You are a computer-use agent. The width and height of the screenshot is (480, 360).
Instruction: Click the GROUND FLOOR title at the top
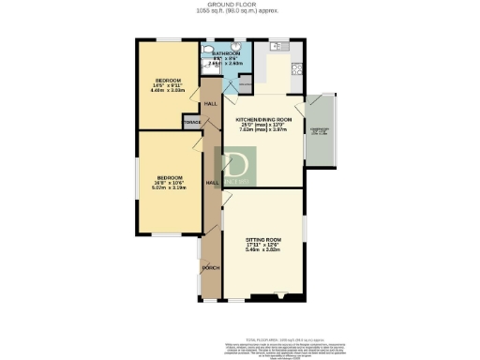click(x=240, y=5)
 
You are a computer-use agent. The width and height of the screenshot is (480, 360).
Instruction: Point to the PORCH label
click(x=211, y=268)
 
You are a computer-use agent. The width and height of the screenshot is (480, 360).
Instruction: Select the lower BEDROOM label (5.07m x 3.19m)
click(x=170, y=179)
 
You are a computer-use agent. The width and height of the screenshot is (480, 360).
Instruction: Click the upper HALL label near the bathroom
click(x=211, y=103)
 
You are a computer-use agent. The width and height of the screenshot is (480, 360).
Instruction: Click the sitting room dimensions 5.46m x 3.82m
click(x=263, y=251)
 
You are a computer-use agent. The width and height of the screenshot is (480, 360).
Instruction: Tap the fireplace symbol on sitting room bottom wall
click(x=280, y=299)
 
